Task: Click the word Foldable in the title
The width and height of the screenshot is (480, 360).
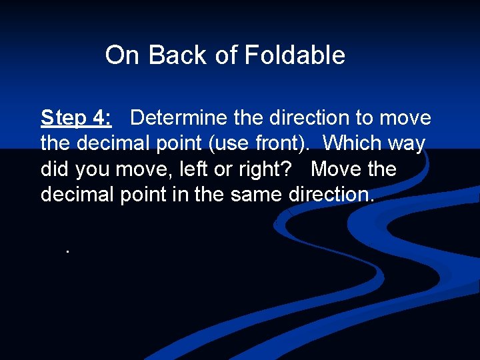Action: pyautogui.click(x=295, y=55)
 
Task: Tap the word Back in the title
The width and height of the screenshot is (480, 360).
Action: pyautogui.click(x=178, y=55)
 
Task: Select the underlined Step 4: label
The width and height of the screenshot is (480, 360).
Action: pyautogui.click(x=76, y=118)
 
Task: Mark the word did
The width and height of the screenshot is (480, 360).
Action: pyautogui.click(x=55, y=169)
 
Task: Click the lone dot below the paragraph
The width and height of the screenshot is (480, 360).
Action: pyautogui.click(x=67, y=251)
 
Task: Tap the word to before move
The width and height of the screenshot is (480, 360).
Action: pyautogui.click(x=365, y=118)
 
